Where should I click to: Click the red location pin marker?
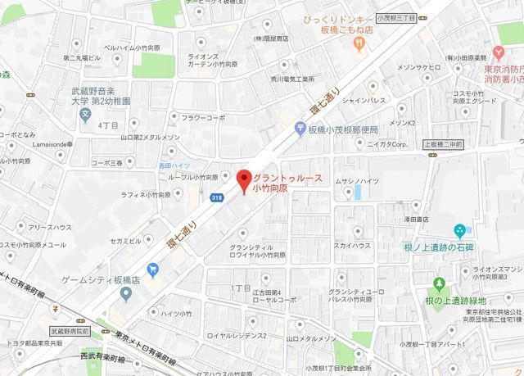pyautogui.click(x=242, y=180)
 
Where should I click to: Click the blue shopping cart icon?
pyautogui.click(x=152, y=270)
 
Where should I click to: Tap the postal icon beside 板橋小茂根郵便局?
pyautogui.click(x=300, y=129)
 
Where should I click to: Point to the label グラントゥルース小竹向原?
pyautogui.click(x=287, y=183)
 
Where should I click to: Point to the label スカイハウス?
pyautogui.click(x=352, y=245)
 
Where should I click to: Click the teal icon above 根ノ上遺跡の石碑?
pyautogui.click(x=459, y=229)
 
